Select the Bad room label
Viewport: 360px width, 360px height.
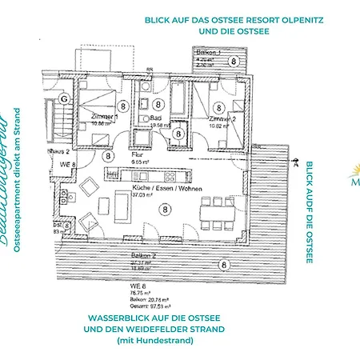pos(157,117)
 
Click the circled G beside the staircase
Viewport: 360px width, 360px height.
pos(53,99)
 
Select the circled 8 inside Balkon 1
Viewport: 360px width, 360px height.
pos(233,60)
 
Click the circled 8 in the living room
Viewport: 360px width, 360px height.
pos(164,209)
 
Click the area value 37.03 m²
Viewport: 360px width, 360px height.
pos(142,194)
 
